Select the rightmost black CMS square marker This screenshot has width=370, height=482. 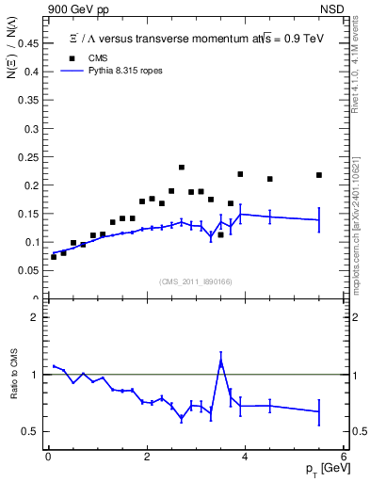click(319, 175)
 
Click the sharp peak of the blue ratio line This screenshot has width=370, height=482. click(221, 361)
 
